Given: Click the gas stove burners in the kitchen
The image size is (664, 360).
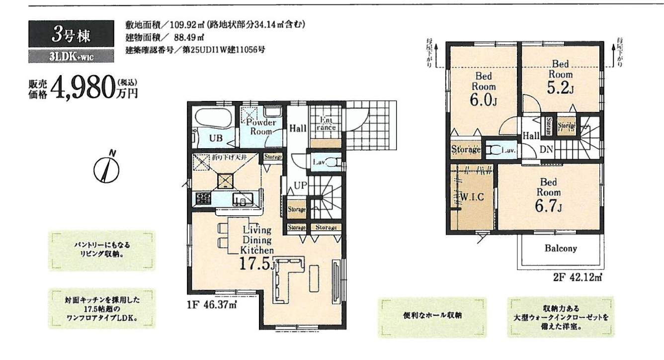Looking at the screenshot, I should tap(203, 199).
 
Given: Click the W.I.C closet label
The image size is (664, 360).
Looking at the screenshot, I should tap(473, 196).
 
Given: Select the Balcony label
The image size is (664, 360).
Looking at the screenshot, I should tap(560, 248).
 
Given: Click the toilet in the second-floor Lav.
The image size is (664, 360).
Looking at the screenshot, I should tap(494, 150).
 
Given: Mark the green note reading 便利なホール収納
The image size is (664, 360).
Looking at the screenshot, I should tap(432, 316).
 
